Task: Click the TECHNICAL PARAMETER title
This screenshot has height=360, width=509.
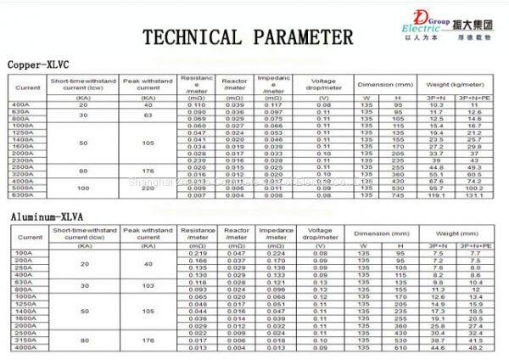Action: click(246, 37)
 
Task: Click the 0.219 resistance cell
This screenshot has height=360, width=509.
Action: click(198, 253)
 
